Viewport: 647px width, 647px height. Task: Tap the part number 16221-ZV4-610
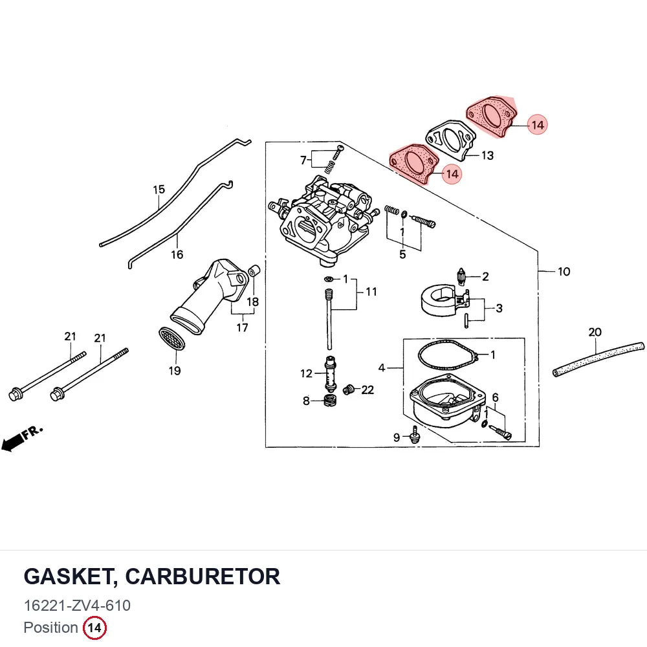pyautogui.click(x=77, y=606)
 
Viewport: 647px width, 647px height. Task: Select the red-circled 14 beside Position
pyautogui.click(x=94, y=628)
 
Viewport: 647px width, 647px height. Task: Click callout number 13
pyautogui.click(x=487, y=155)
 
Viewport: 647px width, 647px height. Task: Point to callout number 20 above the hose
pyautogui.click(x=595, y=332)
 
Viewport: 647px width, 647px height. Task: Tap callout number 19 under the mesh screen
pyautogui.click(x=175, y=371)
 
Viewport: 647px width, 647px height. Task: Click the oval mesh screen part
pyautogui.click(x=171, y=339)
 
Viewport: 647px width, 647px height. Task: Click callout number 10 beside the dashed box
pyautogui.click(x=564, y=272)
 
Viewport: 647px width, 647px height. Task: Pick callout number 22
pyautogui.click(x=367, y=390)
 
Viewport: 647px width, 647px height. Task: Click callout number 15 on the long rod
pyautogui.click(x=159, y=190)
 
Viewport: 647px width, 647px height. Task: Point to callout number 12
pyautogui.click(x=306, y=373)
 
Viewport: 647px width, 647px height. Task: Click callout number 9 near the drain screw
pyautogui.click(x=397, y=437)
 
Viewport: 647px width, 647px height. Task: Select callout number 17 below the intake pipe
pyautogui.click(x=242, y=327)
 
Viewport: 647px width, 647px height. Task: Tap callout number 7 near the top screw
pyautogui.click(x=303, y=160)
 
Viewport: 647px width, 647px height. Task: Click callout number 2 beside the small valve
pyautogui.click(x=485, y=276)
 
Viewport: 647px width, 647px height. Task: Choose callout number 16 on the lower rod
pyautogui.click(x=177, y=254)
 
